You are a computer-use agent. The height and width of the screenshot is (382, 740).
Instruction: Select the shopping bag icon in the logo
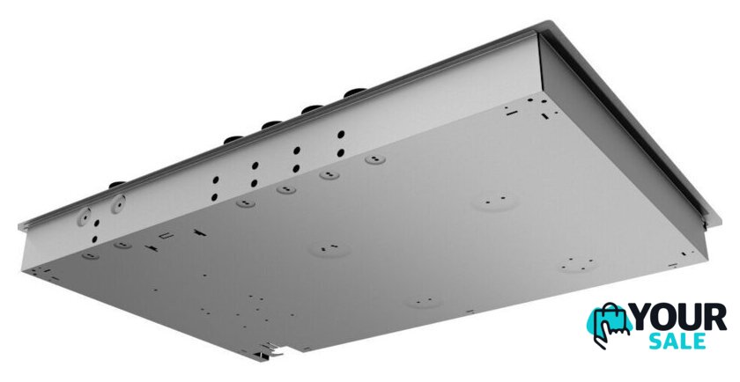609,320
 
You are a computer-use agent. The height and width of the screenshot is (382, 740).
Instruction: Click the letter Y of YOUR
643,318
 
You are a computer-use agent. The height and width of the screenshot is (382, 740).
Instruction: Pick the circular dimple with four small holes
579,264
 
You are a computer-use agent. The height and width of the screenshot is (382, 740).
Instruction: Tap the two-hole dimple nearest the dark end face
494,202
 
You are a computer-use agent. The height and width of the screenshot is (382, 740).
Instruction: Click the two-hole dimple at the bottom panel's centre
329,248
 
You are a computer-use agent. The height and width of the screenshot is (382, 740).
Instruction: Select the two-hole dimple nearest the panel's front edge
424,301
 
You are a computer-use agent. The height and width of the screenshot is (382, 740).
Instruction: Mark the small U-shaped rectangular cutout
166,236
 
